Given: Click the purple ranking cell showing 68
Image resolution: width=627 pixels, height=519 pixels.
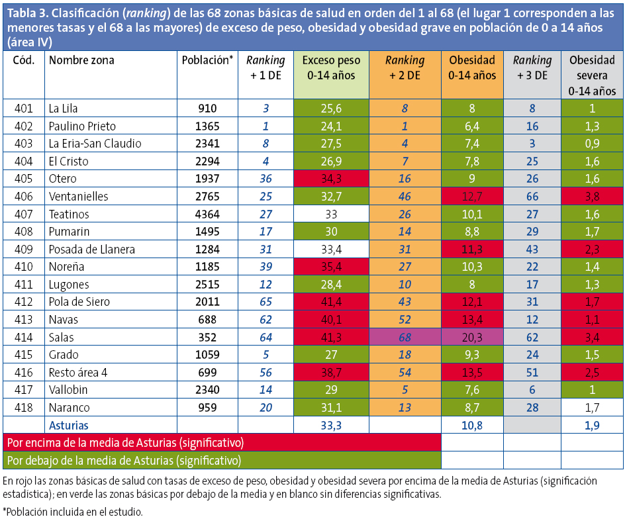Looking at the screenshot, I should (405, 337).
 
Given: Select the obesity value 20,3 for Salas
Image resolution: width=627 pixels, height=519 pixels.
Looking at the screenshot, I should (472, 337).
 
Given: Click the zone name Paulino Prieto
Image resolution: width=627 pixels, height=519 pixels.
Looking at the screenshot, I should (83, 126).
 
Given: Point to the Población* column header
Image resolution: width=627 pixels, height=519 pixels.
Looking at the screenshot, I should (207, 60).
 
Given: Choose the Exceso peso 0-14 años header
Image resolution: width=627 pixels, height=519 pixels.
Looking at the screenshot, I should (331, 68).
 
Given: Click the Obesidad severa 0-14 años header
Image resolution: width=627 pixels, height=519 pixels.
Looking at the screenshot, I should (592, 75).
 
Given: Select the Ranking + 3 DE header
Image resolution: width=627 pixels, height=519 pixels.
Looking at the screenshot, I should (532, 68).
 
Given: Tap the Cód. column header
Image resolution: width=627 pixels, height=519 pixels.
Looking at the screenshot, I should (24, 60).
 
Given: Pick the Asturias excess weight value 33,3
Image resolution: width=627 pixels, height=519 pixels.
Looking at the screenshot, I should (331, 425).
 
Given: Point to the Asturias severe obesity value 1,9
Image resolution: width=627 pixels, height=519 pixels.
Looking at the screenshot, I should (592, 425).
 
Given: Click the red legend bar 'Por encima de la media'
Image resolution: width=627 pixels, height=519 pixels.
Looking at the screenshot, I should (222, 442).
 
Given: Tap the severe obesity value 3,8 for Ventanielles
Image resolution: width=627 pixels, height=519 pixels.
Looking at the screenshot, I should (592, 197).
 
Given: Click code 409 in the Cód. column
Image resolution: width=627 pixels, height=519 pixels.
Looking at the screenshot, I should (24, 249).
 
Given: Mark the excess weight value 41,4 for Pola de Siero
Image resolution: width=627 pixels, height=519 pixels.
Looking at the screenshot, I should (331, 302).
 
